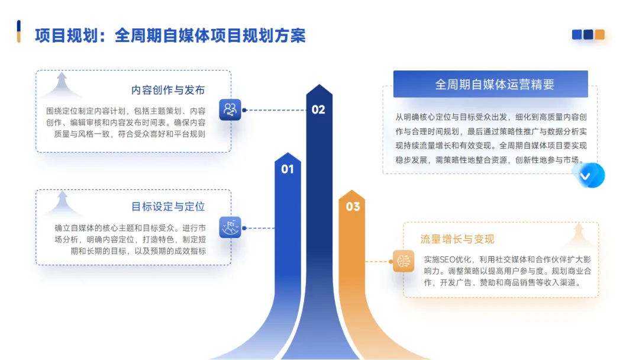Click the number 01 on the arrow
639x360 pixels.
click(287, 169)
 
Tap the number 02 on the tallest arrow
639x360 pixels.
click(318, 110)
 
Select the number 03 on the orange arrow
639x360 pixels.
click(353, 207)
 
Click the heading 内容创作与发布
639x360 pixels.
click(168, 90)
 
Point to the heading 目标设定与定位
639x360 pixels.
click(168, 207)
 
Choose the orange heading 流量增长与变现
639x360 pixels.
click(457, 239)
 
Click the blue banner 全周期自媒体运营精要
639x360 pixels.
click(490, 84)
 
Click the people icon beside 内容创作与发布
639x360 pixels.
click(230, 110)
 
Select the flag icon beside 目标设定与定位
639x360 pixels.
click(230, 227)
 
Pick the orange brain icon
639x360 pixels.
click(404, 261)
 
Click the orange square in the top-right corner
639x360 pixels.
click(600, 35)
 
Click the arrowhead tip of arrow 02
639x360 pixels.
click(319, 87)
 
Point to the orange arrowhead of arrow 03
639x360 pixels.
click(352, 193)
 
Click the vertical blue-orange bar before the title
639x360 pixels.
click(19, 31)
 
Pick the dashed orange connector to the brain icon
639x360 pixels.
click(379, 261)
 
